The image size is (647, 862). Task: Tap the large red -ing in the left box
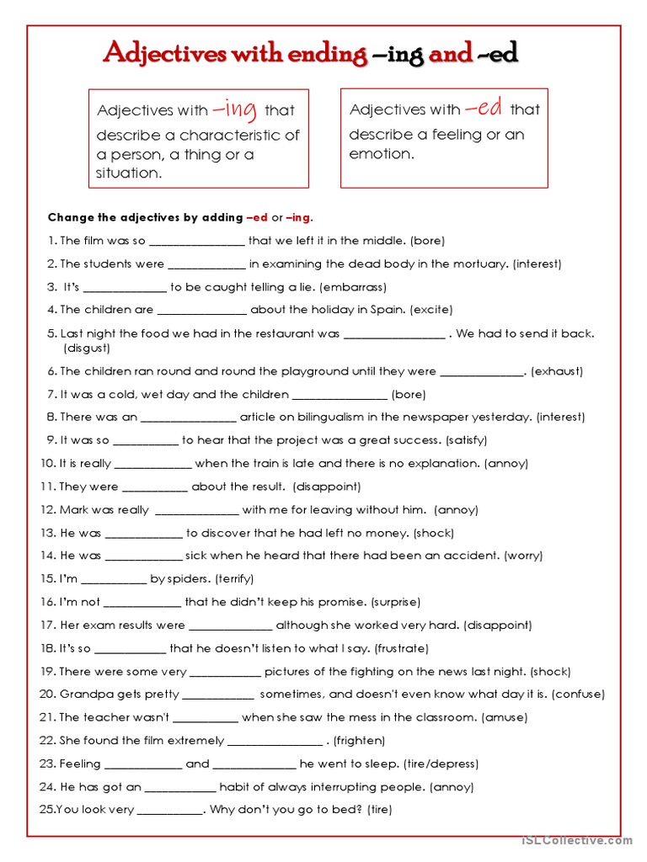coord(235,109)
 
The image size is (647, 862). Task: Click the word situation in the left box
coord(128,173)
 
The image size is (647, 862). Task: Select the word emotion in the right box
coord(381,154)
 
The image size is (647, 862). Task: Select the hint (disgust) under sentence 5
coord(87,348)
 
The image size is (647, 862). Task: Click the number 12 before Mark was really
coord(48,510)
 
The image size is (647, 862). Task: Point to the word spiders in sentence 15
coord(190,579)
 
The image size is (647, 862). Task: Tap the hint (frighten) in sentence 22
coord(360,741)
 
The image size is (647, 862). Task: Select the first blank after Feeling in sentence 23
coord(142,764)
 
